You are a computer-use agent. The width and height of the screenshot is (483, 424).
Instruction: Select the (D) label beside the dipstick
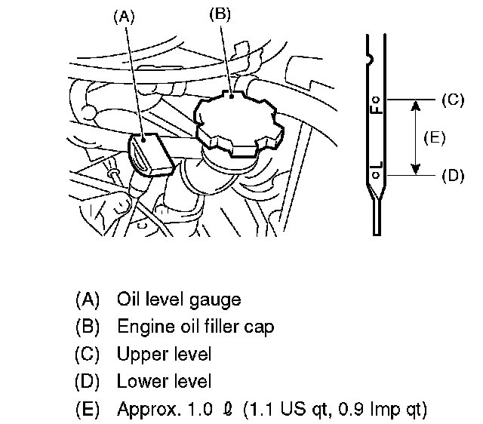451,175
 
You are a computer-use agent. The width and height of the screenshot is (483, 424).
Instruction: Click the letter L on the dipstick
377,164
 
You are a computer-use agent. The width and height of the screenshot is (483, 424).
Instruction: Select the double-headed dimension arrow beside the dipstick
413,137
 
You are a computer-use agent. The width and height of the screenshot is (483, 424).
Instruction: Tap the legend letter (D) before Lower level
88,382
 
